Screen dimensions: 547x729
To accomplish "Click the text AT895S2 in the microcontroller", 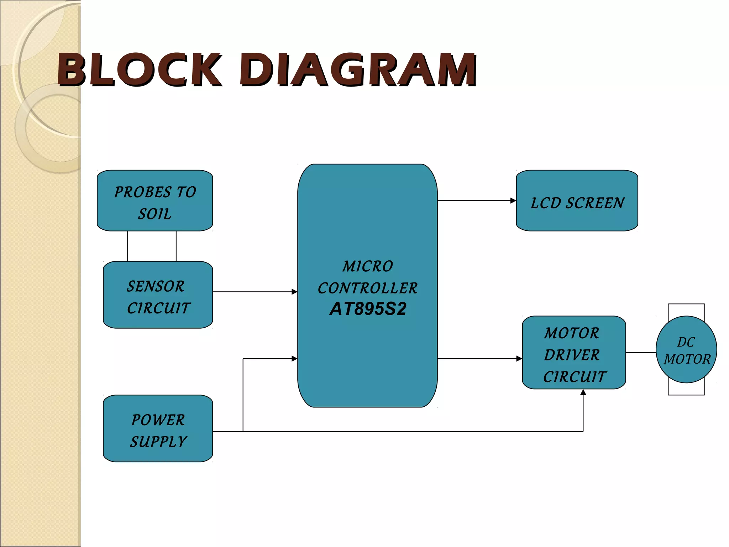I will pos(368,309).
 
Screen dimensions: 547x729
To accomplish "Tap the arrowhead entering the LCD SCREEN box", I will pos(513,200).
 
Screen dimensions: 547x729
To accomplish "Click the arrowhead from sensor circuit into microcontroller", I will pos(294,292).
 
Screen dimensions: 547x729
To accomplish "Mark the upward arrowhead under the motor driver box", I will pos(583,392).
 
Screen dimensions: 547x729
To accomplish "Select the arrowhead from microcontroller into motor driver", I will pos(519,359).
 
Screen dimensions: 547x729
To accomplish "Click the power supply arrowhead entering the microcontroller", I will pos(294,359).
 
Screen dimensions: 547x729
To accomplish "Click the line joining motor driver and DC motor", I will pos(641,353).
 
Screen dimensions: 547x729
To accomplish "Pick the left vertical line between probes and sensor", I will pos(127,246).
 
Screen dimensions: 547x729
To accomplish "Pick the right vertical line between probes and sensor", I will pos(176,246).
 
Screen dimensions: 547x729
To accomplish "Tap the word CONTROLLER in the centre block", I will pos(368,288).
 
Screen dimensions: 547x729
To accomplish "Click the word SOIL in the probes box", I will pos(155,214).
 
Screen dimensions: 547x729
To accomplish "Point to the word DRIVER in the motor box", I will pos(572,355).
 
